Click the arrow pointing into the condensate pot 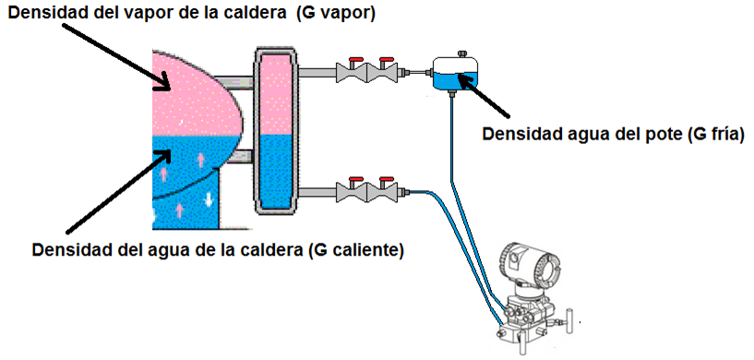[498, 102]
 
